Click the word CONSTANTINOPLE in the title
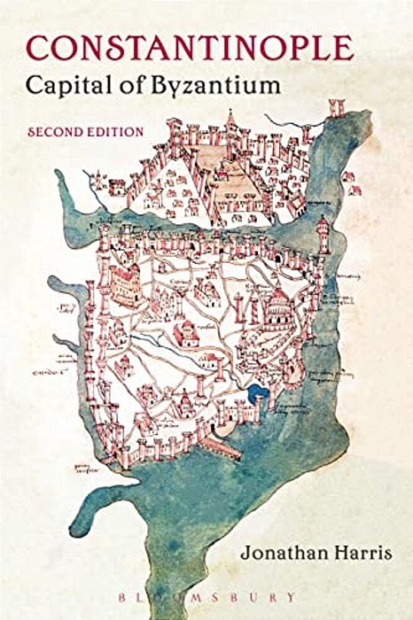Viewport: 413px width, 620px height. point(188,46)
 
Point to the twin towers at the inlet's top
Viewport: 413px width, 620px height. point(336,108)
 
